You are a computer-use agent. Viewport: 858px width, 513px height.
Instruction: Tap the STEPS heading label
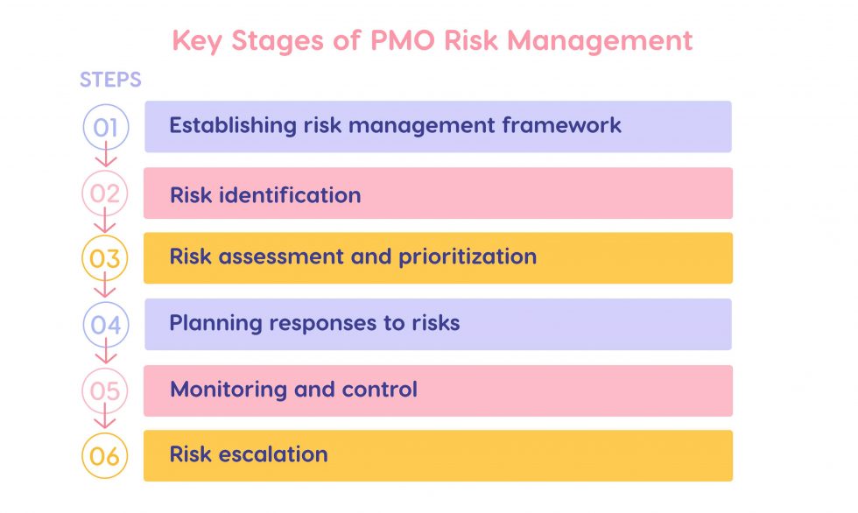pos(110,81)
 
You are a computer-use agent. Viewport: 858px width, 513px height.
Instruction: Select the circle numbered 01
pos(105,127)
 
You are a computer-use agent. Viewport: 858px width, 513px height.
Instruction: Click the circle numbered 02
pos(105,193)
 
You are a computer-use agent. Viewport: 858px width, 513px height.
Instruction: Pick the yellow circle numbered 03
pos(105,259)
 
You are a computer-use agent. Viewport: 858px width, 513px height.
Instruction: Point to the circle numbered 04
pos(105,325)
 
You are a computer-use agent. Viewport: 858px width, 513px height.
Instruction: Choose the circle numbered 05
pos(105,390)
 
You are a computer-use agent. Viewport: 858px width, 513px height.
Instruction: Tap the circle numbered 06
pos(105,456)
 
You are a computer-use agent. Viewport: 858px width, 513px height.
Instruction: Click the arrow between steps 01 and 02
pos(106,158)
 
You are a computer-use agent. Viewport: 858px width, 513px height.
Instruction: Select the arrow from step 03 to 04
pos(106,290)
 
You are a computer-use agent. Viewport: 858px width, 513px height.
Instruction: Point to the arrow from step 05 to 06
pos(106,422)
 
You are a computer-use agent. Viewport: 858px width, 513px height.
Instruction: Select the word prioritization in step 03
pos(468,257)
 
